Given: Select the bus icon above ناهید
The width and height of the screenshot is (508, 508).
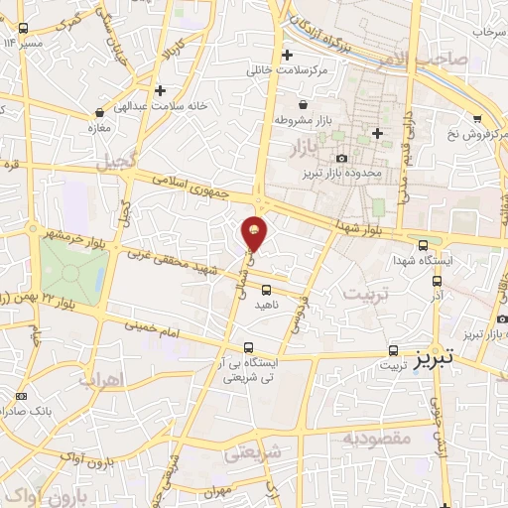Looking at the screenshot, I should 266,290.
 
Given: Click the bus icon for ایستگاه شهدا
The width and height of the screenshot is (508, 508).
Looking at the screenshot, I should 423,245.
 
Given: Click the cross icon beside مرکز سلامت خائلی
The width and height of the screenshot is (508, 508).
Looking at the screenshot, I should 288,56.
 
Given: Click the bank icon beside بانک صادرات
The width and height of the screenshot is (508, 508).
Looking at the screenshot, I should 21,396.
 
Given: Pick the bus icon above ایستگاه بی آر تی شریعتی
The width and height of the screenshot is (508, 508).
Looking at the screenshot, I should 247,348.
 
